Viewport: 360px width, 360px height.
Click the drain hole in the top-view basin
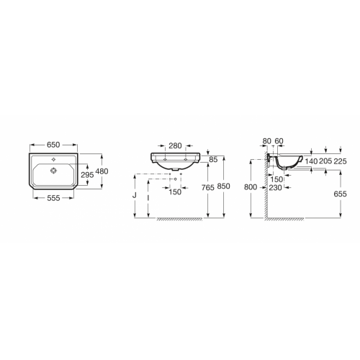pyautogui.click(x=55, y=171)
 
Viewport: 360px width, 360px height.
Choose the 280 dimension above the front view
pyautogui.click(x=175, y=144)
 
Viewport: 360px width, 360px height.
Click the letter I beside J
pyautogui.click(x=148, y=194)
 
